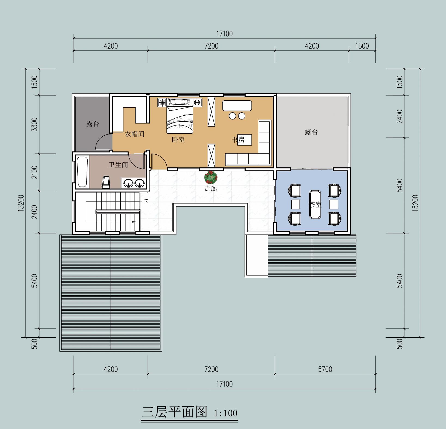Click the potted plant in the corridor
(211, 177)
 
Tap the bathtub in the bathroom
(82, 172)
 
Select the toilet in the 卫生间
(106, 182)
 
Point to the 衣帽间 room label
(135, 134)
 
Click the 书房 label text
(238, 140)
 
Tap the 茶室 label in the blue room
(315, 205)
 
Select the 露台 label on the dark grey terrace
(93, 124)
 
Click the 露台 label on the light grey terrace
(311, 132)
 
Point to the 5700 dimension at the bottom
(325, 369)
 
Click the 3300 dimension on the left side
(34, 124)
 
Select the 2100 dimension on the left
(34, 172)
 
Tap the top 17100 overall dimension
(225, 34)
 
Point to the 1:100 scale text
(226, 413)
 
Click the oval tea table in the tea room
(315, 204)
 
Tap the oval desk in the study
(237, 106)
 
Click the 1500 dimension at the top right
(362, 46)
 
